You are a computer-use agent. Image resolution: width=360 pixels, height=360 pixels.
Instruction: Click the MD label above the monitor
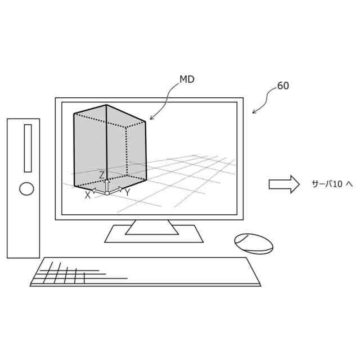tap(187, 80)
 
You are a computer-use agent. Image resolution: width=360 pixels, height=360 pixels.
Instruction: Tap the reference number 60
tap(283, 86)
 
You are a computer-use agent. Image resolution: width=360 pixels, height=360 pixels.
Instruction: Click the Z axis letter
tap(102, 175)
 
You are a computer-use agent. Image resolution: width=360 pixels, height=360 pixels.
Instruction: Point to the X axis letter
tap(88, 195)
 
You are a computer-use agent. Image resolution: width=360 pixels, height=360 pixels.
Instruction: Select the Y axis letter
tap(127, 193)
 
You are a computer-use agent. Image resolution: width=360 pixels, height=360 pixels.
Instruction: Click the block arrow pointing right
tap(283, 184)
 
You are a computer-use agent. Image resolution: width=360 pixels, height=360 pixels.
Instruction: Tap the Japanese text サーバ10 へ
tap(332, 184)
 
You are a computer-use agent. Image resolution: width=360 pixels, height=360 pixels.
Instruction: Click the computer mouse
tap(254, 244)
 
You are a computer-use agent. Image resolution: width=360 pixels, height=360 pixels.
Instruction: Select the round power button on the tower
tap(26, 188)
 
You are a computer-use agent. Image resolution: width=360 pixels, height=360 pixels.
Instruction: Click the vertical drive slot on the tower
tap(28, 148)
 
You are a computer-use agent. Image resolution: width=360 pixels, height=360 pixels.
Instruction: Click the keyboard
tap(145, 272)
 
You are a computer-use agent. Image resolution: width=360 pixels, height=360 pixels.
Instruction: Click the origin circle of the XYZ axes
tap(107, 193)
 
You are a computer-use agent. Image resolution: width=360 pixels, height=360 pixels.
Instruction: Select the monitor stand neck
tap(152, 226)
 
